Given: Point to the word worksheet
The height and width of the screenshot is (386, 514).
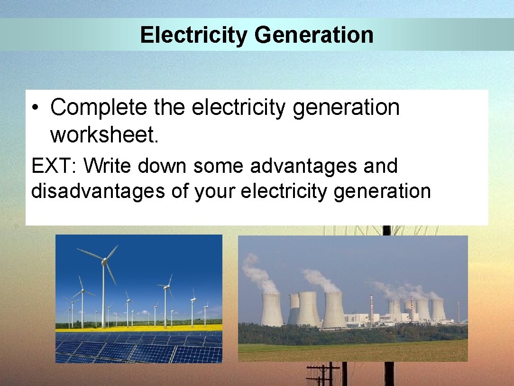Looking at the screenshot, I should coord(104,135).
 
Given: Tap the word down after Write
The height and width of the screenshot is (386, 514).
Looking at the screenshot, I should coord(164,166).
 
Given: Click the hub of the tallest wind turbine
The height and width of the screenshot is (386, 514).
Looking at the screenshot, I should coord(104,260).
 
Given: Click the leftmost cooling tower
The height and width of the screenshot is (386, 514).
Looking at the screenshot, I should coord(272,310).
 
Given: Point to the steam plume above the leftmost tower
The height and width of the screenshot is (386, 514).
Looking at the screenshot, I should coord(259,273).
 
